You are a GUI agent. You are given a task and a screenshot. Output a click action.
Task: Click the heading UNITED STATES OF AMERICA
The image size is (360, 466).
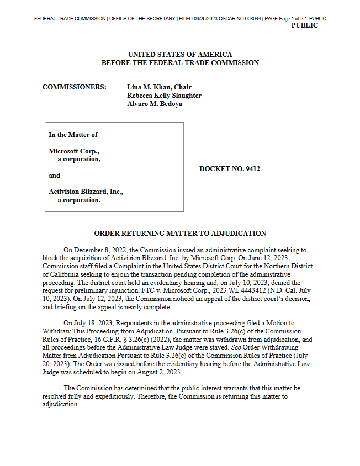point(180,55)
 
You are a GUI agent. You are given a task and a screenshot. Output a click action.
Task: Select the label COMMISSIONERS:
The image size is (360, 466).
point(75,87)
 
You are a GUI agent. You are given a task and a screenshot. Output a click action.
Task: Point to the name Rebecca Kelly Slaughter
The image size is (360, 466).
point(164,96)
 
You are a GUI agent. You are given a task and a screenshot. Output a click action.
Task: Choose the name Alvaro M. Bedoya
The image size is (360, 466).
point(155,104)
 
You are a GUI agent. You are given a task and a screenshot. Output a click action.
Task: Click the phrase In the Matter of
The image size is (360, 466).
point(73,135)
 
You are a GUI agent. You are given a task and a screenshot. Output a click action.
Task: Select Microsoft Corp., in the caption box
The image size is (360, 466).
point(74,151)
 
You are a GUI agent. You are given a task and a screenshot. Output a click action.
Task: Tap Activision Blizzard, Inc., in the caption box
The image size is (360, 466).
point(86,192)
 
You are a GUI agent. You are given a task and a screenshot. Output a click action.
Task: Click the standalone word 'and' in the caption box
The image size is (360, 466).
point(55,176)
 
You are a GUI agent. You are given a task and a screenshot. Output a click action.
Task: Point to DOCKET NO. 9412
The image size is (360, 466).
point(230,168)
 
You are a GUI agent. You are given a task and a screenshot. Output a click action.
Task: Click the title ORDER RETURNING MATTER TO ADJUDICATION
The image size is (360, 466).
point(180,234)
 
